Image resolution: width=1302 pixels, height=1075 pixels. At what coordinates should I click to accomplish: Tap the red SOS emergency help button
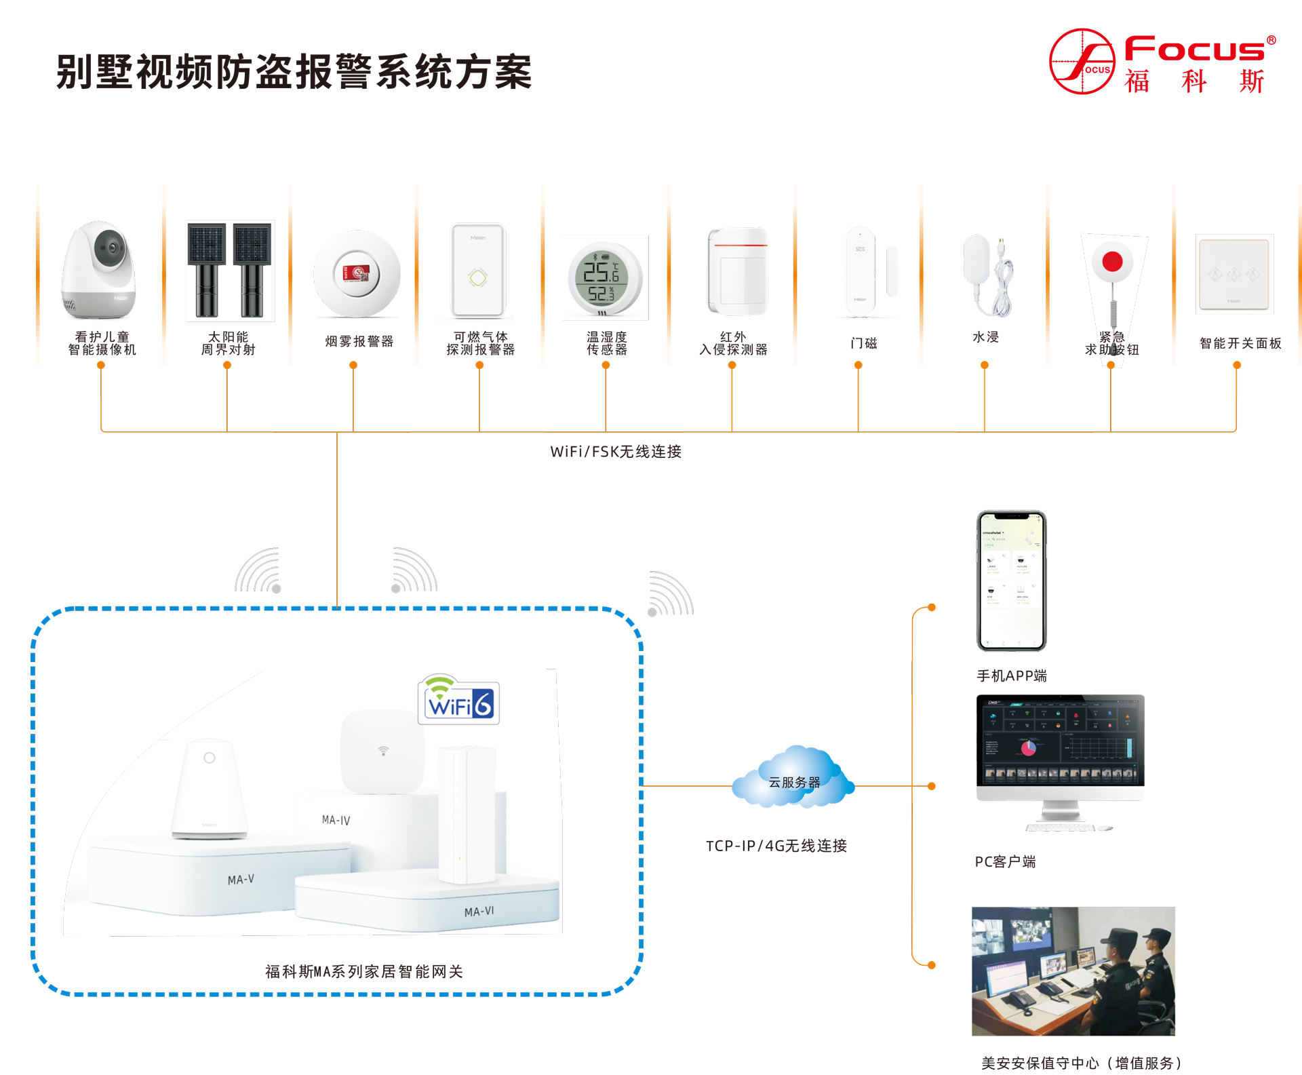[1112, 262]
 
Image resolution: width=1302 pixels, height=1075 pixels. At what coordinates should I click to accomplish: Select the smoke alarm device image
[357, 274]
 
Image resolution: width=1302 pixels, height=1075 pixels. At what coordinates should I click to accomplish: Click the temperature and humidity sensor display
[601, 277]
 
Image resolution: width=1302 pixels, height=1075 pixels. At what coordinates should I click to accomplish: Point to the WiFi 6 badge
[459, 701]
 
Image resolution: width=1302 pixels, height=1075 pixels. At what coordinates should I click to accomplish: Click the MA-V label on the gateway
[241, 880]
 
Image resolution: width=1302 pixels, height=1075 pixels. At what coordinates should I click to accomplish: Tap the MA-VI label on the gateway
[479, 912]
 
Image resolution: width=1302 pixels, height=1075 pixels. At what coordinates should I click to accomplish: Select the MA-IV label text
[336, 820]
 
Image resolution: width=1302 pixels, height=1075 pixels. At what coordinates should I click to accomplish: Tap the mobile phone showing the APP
[1011, 581]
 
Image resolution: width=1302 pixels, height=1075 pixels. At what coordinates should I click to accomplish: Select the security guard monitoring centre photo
[1073, 971]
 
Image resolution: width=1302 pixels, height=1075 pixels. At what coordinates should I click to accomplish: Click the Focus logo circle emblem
[1082, 61]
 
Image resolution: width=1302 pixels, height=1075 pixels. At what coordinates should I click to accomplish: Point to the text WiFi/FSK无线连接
[616, 452]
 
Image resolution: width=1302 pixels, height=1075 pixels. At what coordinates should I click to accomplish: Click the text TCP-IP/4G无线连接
[776, 846]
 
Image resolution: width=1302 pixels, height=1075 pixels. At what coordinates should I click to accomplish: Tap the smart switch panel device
[1234, 273]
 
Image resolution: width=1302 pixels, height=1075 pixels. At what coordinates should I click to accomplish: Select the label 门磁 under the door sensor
[863, 343]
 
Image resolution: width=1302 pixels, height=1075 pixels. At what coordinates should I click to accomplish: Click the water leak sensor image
[985, 275]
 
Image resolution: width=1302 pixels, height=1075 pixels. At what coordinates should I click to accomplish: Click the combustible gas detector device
[478, 271]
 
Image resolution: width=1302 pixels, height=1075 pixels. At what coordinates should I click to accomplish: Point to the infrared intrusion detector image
[738, 271]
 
